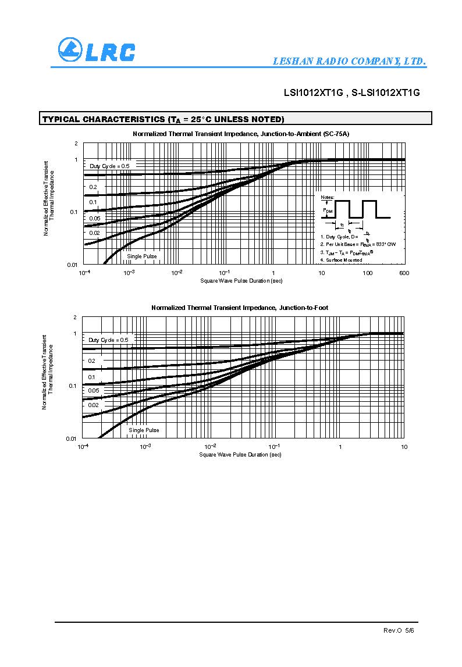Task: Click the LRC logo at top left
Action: tap(96, 50)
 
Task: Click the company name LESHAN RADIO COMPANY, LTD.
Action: tap(350, 62)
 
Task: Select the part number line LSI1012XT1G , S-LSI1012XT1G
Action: tap(351, 92)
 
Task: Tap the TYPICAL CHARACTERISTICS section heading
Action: tap(164, 119)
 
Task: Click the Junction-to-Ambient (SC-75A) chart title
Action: tap(241, 134)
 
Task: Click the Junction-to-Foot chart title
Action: tap(243, 308)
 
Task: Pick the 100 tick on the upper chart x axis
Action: tap(367, 273)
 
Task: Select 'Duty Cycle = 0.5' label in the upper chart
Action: tap(109, 166)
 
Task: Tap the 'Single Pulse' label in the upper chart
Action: tap(142, 256)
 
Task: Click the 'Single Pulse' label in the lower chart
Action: tap(144, 430)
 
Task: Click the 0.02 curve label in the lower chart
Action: tap(93, 405)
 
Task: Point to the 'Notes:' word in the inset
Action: tap(328, 198)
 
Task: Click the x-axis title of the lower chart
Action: tap(240, 455)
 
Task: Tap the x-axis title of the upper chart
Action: tap(241, 281)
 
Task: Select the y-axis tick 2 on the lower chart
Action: tap(75, 318)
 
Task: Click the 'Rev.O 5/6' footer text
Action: tap(399, 630)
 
